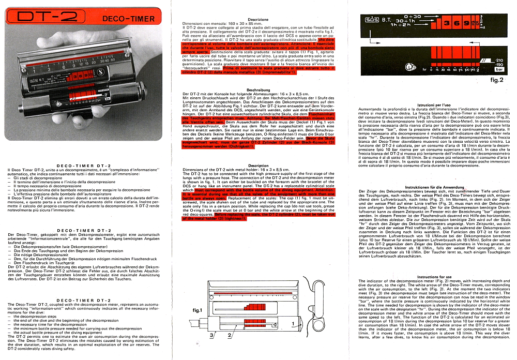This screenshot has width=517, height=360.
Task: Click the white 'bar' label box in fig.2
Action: click(x=485, y=68)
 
